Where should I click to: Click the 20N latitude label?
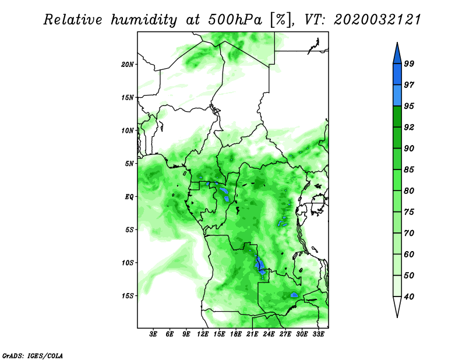click(128, 65)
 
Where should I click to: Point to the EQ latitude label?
click(129, 197)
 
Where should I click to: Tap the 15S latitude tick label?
click(128, 296)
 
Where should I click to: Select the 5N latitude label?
click(129, 164)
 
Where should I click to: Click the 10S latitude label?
click(128, 263)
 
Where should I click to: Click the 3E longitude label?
click(153, 334)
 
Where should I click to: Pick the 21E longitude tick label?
click(252, 334)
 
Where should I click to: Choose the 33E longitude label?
click(318, 334)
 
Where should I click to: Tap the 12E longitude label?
click(203, 334)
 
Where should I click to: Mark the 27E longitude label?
click(285, 334)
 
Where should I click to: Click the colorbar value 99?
click(409, 63)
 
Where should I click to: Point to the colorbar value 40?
click(409, 297)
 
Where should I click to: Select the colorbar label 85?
click(409, 170)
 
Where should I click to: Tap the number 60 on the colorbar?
click(409, 254)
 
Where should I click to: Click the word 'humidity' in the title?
click(144, 20)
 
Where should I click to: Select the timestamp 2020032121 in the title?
click(377, 20)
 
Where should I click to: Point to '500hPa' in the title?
click(235, 20)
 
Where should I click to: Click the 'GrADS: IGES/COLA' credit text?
click(33, 356)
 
